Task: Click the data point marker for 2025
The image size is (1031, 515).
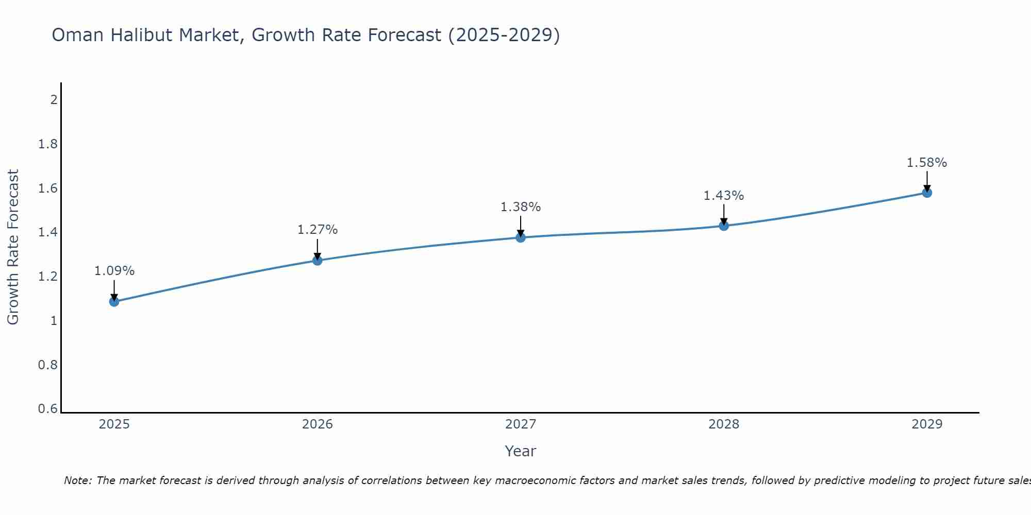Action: (114, 301)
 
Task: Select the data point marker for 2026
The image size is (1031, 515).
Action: (318, 261)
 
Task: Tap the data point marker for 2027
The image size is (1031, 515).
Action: (521, 237)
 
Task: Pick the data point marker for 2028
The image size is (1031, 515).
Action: (724, 226)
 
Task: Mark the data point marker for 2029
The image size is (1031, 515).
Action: (927, 193)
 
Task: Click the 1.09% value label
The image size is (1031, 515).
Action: (114, 271)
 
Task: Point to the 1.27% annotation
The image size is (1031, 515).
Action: (318, 230)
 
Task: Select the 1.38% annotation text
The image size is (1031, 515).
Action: (521, 207)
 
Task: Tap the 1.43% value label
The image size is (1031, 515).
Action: (724, 196)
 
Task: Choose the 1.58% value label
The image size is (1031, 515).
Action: (927, 163)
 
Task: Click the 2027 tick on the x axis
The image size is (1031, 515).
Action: (521, 424)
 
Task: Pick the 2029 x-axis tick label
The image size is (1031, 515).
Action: (927, 424)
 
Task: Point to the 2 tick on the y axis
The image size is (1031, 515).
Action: (54, 99)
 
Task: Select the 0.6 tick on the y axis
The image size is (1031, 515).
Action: (48, 409)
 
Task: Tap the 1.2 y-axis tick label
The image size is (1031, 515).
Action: (48, 277)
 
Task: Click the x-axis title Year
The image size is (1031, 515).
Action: (521, 451)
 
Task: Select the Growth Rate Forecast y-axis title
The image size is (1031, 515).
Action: (13, 247)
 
